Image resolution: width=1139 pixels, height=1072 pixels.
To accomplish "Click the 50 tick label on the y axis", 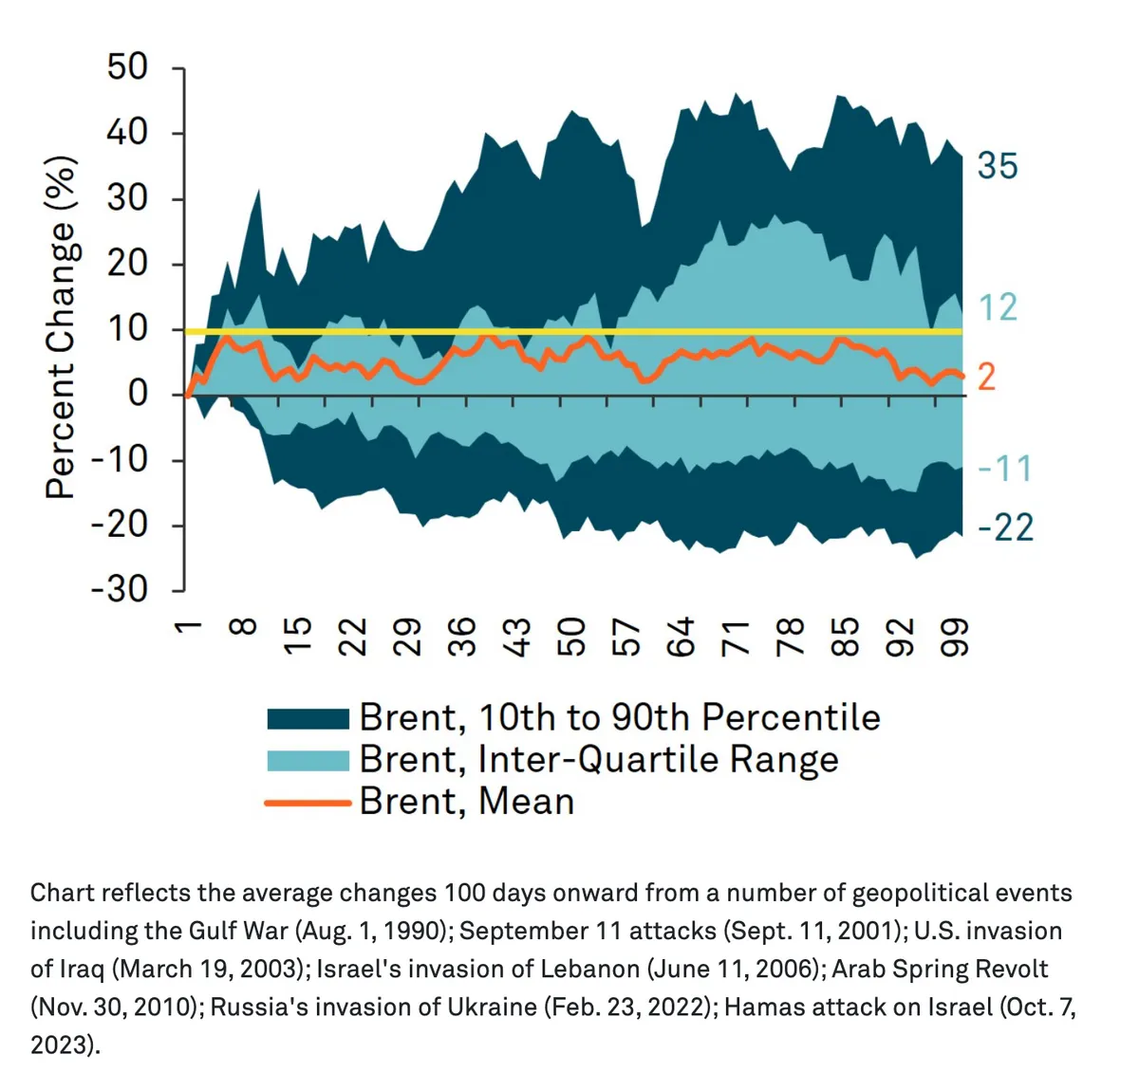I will pyautogui.click(x=127, y=67).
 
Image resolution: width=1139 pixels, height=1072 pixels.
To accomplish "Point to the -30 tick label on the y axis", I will pyautogui.click(x=120, y=589).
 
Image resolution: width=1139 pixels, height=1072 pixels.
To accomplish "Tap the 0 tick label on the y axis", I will pyautogui.click(x=139, y=393).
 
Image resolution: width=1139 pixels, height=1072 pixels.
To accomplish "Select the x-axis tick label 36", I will pyautogui.click(x=462, y=637).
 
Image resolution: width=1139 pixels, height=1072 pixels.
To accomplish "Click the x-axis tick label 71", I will pyautogui.click(x=736, y=637).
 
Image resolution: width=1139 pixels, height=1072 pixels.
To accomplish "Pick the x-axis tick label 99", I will pyautogui.click(x=954, y=637).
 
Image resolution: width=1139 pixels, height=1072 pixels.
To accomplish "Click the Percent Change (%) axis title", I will pyautogui.click(x=61, y=327).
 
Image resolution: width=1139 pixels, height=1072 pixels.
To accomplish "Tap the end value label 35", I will pyautogui.click(x=998, y=166).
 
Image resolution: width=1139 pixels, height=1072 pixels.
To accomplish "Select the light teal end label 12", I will pyautogui.click(x=998, y=307).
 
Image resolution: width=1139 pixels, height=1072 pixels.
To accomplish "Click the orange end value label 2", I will pyautogui.click(x=987, y=378).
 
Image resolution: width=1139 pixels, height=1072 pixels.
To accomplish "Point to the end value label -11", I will pyautogui.click(x=1004, y=469).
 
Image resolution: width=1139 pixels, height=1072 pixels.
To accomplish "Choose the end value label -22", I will pyautogui.click(x=1006, y=527).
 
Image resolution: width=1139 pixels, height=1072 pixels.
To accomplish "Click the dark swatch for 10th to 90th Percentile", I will pyautogui.click(x=308, y=718).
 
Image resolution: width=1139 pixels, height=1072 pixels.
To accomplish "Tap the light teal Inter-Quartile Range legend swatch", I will pyautogui.click(x=308, y=760).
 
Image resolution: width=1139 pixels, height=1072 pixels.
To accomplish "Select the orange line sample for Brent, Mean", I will pyautogui.click(x=308, y=803).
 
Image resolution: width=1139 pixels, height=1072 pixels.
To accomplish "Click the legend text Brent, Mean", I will pyautogui.click(x=466, y=803).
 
